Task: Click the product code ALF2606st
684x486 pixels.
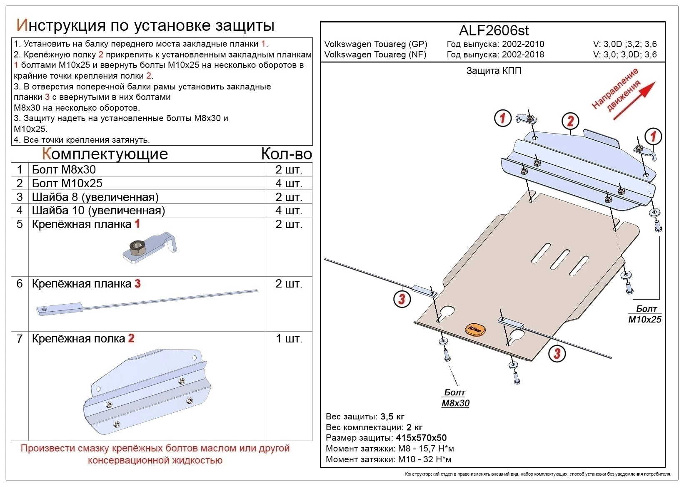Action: tap(494, 31)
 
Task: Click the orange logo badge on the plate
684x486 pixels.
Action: tap(475, 329)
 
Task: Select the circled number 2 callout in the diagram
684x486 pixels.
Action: tap(570, 121)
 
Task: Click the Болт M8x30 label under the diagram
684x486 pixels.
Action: tap(455, 398)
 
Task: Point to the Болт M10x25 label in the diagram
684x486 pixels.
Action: tap(645, 314)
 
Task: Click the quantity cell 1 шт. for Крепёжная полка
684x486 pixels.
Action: tap(289, 339)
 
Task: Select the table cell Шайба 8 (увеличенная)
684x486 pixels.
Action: tap(95, 197)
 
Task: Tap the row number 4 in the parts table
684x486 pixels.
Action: tap(20, 210)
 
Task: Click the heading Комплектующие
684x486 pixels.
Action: tap(105, 154)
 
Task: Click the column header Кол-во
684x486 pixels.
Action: tap(286, 154)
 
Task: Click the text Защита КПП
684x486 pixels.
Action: tap(494, 71)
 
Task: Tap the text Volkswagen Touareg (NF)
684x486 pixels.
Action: tap(375, 55)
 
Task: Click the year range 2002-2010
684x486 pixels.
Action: tap(523, 44)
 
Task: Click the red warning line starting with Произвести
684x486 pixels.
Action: tap(155, 449)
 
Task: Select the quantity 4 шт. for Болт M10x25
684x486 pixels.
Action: tap(289, 183)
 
